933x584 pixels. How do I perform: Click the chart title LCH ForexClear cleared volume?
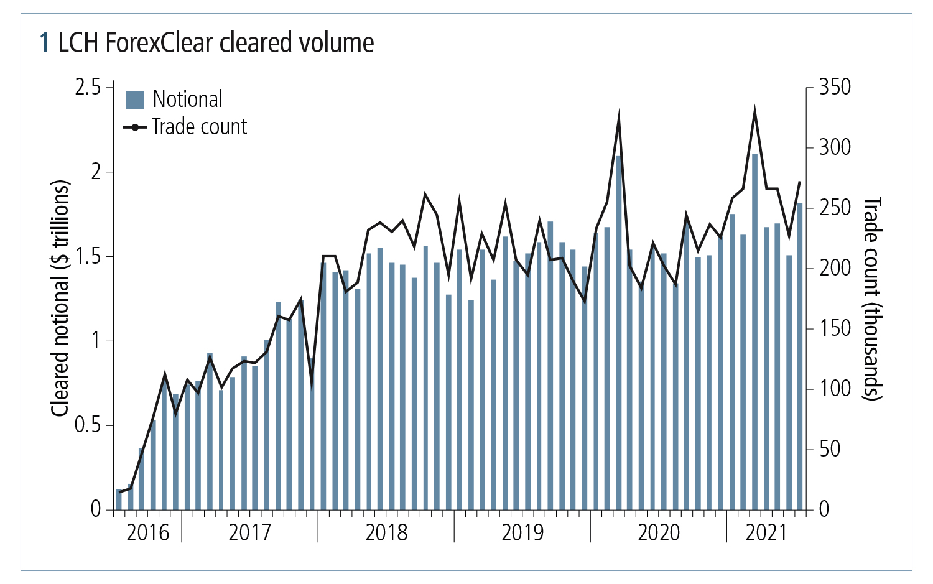207,44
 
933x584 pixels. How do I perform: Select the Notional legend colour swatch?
135,100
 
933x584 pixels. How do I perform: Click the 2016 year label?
148,533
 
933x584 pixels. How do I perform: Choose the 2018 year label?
386,533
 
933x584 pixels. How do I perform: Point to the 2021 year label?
766,533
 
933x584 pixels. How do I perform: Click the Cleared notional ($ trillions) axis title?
59,299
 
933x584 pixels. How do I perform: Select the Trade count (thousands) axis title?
873,299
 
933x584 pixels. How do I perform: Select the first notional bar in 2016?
119,500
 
